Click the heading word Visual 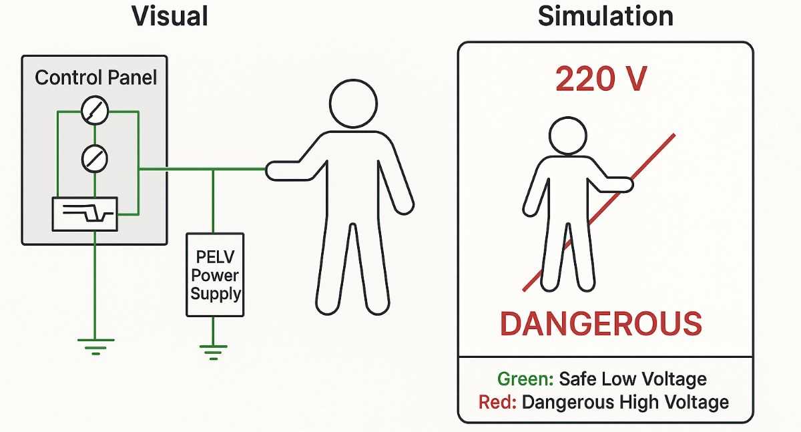(x=170, y=16)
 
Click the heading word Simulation (x=605, y=16)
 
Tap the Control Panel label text (x=96, y=77)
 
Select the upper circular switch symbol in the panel (x=95, y=110)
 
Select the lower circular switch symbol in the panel (x=95, y=159)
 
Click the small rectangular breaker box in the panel (x=85, y=214)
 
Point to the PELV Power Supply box (x=215, y=274)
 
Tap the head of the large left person (x=353, y=103)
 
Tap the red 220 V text (x=601, y=79)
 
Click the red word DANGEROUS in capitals (x=601, y=324)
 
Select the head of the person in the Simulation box (x=568, y=136)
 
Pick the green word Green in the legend (x=525, y=379)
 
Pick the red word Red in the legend (x=497, y=403)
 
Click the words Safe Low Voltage (x=633, y=379)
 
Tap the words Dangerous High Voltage (x=625, y=403)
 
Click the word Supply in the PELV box (x=216, y=294)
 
